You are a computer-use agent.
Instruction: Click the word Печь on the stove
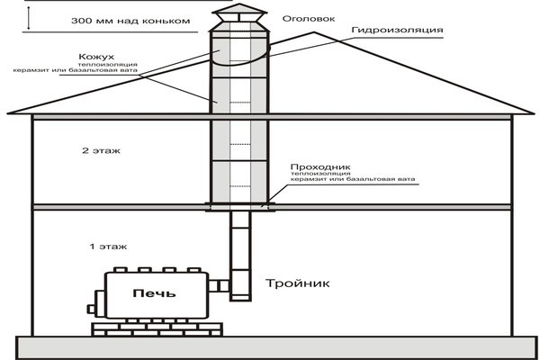155,293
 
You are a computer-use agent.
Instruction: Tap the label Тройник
298,283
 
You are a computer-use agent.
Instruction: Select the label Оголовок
301,18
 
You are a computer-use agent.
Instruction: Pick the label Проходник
315,167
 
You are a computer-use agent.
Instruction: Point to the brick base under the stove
154,328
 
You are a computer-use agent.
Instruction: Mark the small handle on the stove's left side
91,309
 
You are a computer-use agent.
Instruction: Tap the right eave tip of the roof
531,112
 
